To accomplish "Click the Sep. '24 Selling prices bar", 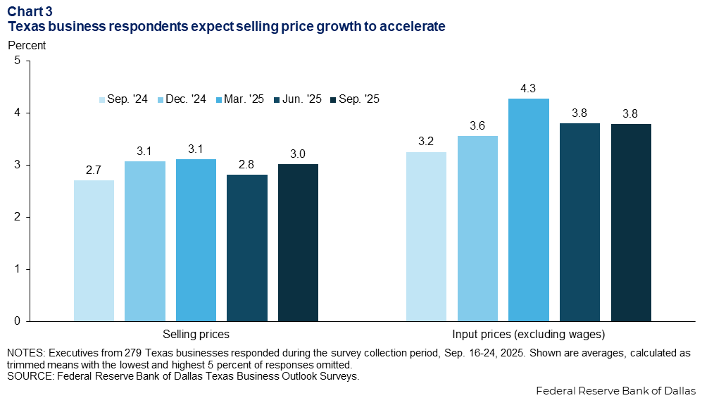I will (94, 250).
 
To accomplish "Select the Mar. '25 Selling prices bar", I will (196, 240).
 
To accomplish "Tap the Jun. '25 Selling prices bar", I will (247, 247).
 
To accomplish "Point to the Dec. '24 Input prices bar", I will (477, 228).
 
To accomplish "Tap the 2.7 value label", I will (94, 170).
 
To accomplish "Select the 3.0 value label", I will (298, 154).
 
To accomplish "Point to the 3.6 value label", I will (477, 126).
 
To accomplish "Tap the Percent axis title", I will (26, 45).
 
